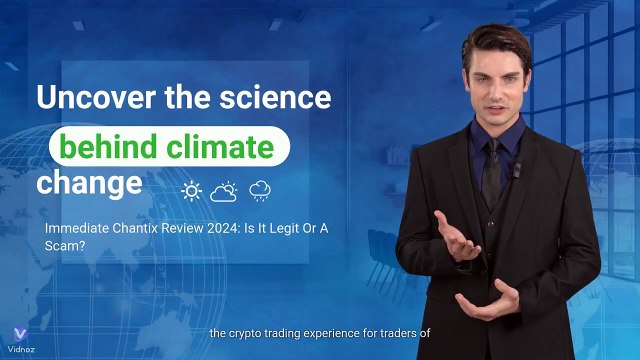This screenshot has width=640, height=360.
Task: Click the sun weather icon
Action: (x=190, y=190)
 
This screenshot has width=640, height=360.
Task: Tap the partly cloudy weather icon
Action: (x=224, y=190)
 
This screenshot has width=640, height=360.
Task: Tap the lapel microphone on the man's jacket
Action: (x=517, y=170)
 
